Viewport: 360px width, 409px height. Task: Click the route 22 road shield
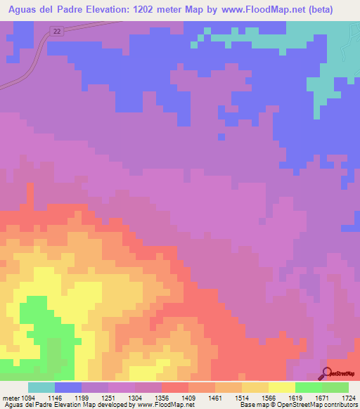[57, 31]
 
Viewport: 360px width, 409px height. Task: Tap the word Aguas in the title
[25, 10]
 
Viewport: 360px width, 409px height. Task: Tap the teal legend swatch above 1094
[41, 387]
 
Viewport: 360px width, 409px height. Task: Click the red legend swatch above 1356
[175, 387]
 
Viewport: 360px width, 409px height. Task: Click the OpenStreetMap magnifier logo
[327, 373]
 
